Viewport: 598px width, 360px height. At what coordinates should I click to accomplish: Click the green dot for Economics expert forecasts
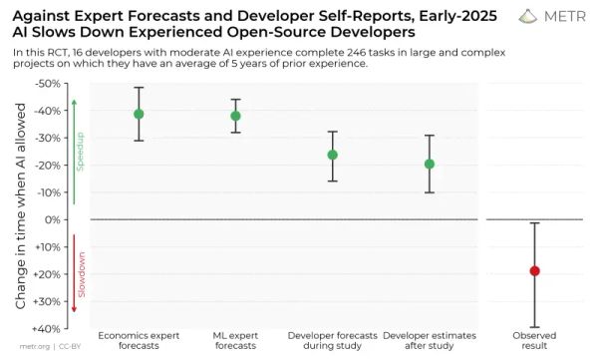tap(139, 114)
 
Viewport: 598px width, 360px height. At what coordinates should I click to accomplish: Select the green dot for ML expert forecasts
tap(235, 116)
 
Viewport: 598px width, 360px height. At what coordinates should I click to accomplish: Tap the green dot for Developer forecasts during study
tap(332, 155)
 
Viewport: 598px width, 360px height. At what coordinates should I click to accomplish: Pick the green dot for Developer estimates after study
tap(430, 164)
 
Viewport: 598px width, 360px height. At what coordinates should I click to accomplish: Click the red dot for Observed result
tap(535, 270)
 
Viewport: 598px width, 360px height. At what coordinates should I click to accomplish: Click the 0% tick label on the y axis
tap(54, 219)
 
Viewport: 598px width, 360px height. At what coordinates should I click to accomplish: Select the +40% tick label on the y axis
tap(47, 328)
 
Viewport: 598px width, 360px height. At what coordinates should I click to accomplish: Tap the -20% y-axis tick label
tap(48, 166)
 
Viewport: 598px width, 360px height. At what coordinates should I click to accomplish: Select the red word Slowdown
tap(82, 271)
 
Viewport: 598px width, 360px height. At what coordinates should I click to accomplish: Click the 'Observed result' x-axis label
tap(535, 341)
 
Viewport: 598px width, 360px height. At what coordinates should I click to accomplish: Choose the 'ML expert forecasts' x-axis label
tap(235, 341)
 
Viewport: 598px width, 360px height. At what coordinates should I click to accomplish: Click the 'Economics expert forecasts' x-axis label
tap(139, 341)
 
